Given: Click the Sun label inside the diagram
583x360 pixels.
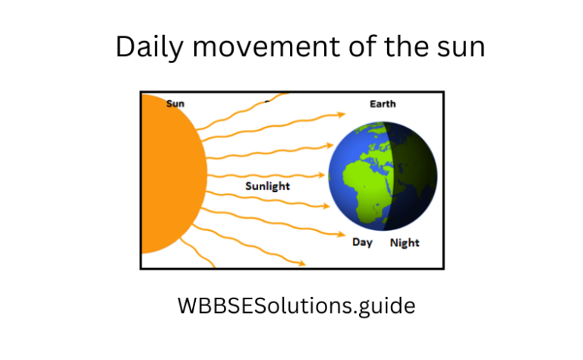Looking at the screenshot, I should tap(175, 104).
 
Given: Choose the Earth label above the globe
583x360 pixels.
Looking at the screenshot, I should tap(382, 104).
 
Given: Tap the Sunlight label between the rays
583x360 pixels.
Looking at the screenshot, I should tap(267, 185).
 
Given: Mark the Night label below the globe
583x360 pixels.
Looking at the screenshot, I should tap(405, 243).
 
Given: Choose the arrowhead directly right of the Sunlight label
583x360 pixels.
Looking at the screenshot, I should tap(320, 184).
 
